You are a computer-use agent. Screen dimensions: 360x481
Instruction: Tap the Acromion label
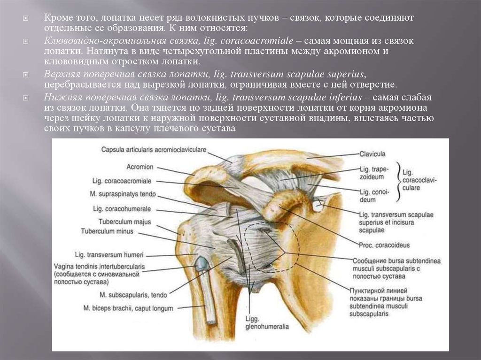click(140, 167)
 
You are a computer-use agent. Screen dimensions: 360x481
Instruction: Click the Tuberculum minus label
click(107, 231)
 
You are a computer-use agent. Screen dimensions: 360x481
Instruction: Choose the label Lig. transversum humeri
click(115, 255)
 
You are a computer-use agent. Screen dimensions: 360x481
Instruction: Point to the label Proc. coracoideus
click(377, 245)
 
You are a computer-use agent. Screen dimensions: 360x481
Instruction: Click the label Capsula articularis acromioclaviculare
click(153, 149)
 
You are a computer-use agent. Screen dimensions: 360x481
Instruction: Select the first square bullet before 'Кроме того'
click(27, 18)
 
